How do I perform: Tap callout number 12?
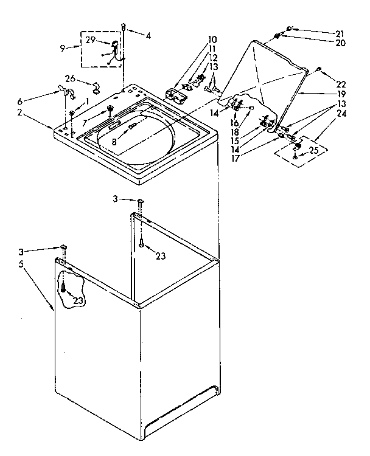point(213,57)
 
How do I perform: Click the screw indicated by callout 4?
point(124,26)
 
